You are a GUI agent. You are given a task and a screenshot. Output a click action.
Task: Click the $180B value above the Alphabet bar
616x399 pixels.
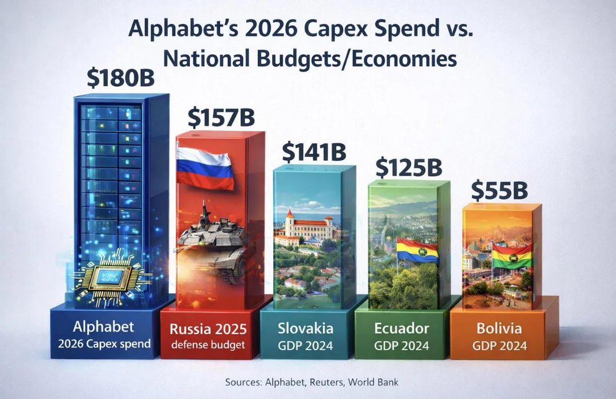[120, 78]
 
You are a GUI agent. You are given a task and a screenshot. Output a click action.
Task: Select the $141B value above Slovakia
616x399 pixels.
[314, 152]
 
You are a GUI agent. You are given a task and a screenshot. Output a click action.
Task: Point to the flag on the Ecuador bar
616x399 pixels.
[417, 250]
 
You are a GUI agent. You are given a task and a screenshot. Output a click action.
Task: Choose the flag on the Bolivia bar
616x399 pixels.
[512, 256]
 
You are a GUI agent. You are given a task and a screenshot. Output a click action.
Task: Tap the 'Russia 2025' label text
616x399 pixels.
[208, 329]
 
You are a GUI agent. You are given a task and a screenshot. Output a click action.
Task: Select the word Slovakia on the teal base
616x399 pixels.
[305, 328]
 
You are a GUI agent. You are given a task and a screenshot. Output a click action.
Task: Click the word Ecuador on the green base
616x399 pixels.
[402, 328]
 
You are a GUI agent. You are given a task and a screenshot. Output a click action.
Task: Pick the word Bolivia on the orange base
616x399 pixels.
[499, 328]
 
